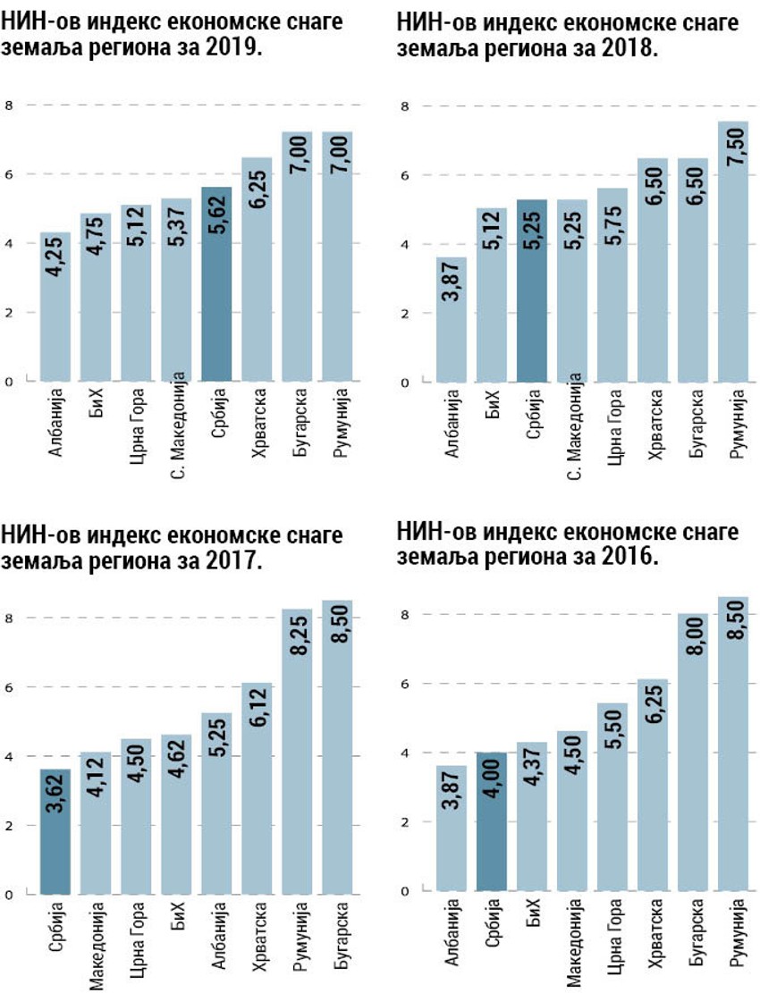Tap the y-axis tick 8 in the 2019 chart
tap(9, 106)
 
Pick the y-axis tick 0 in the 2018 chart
tap(404, 383)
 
